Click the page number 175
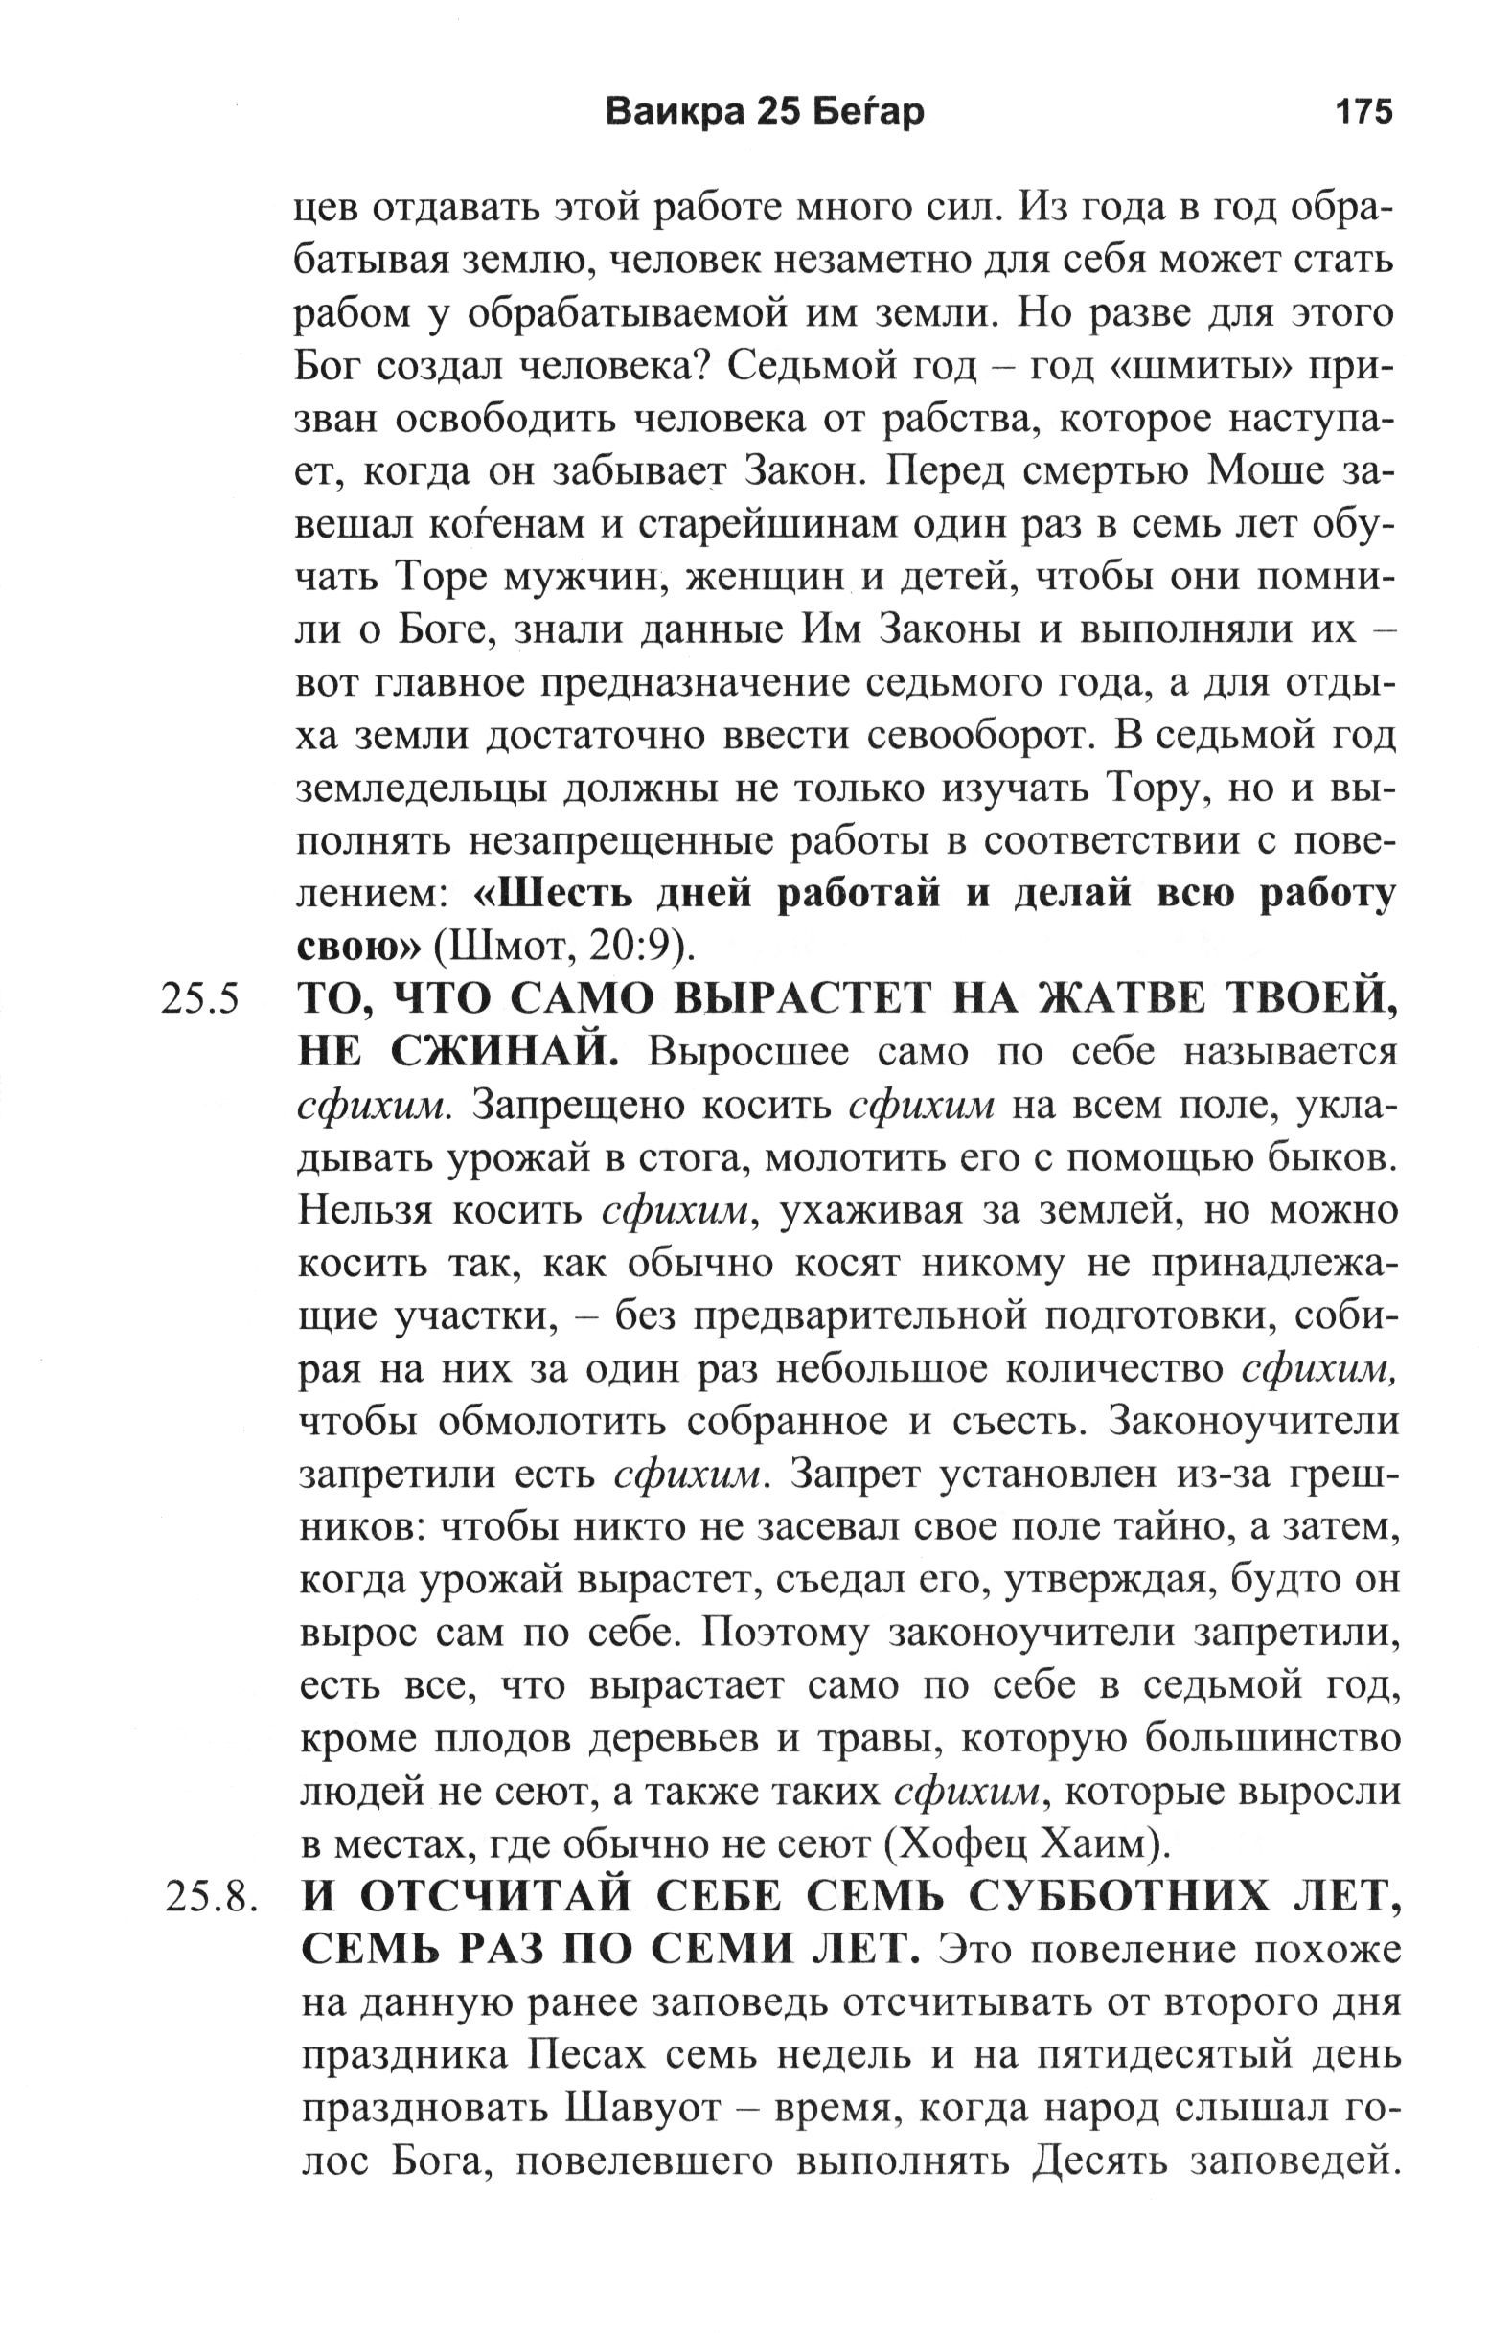[1363, 112]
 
